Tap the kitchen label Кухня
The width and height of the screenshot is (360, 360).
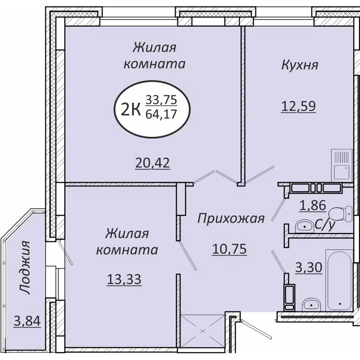[x=300, y=65]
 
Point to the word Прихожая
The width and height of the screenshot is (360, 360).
[x=231, y=219]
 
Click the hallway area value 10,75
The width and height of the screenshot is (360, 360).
[x=229, y=248]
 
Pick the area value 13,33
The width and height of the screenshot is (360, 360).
[x=124, y=279]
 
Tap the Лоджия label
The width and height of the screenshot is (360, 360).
[x=26, y=267]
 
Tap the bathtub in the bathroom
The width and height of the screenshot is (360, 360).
[x=340, y=279]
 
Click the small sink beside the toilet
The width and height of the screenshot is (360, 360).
[x=305, y=225]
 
